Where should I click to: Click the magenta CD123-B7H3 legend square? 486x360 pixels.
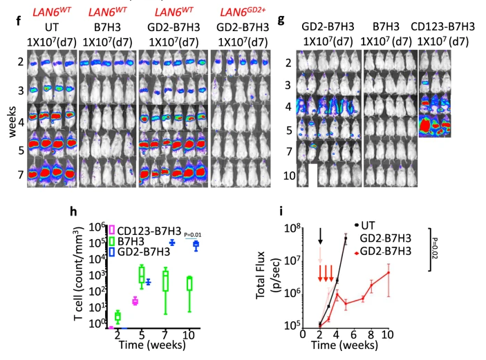[x=111, y=230]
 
